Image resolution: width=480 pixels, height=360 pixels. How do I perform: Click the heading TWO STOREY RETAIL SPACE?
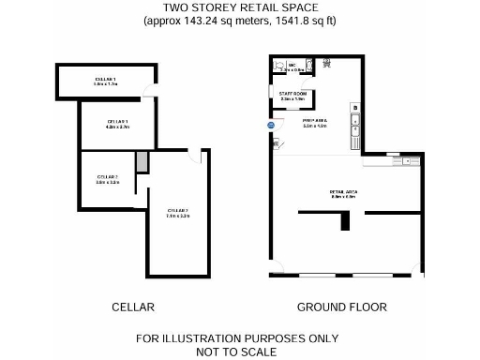[x=239, y=7]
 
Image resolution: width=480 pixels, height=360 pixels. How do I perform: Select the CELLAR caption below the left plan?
[x=132, y=307]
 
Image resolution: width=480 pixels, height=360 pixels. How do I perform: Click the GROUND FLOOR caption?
[x=341, y=307]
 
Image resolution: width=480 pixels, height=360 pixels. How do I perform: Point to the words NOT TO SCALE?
[x=237, y=352]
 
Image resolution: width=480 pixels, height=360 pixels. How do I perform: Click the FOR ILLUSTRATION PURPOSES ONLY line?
[x=237, y=338]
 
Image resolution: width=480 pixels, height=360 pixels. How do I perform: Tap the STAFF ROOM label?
[x=293, y=94]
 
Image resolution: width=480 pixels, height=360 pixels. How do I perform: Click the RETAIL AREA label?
[x=344, y=192]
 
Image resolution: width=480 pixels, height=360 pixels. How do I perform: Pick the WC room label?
[x=292, y=65]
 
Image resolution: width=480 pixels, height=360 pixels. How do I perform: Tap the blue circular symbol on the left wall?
[x=270, y=124]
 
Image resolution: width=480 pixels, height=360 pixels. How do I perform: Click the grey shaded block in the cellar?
[x=142, y=161]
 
